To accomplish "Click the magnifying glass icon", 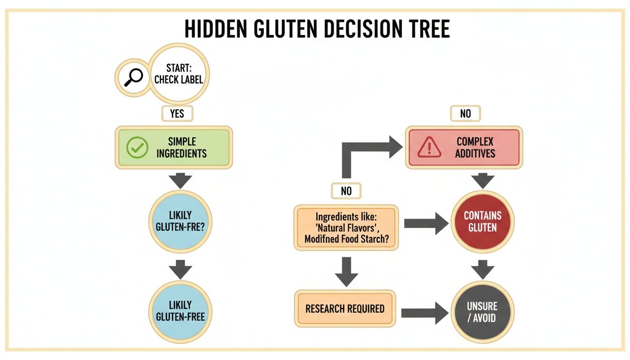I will pyautogui.click(x=134, y=77).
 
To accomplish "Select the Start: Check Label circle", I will pyautogui.click(x=179, y=74).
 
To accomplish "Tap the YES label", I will pyautogui.click(x=177, y=113).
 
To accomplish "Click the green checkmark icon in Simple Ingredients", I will pyautogui.click(x=138, y=147).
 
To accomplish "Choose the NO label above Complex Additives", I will pyautogui.click(x=465, y=113).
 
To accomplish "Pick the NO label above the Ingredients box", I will pyautogui.click(x=346, y=190).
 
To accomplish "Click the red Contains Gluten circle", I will pyautogui.click(x=482, y=221).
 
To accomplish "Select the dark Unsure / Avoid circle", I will pyautogui.click(x=482, y=312).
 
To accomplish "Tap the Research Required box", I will pyautogui.click(x=345, y=308).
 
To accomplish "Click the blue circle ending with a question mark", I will pyautogui.click(x=180, y=221).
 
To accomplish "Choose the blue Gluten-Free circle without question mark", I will pyautogui.click(x=180, y=311).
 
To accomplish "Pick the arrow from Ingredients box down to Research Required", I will pyautogui.click(x=346, y=271).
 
